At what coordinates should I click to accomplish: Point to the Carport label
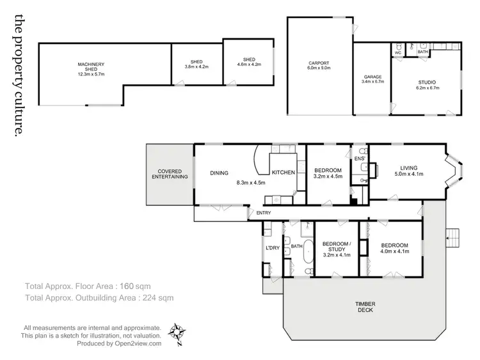point(319,65)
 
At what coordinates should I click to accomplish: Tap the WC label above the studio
point(397,52)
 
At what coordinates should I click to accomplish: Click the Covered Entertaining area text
point(170,174)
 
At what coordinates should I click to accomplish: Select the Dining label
point(220,173)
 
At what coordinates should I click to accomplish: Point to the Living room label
point(408,170)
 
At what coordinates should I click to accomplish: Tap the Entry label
point(264,213)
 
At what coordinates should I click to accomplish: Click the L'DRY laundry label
point(271,248)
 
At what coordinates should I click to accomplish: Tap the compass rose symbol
point(177,332)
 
